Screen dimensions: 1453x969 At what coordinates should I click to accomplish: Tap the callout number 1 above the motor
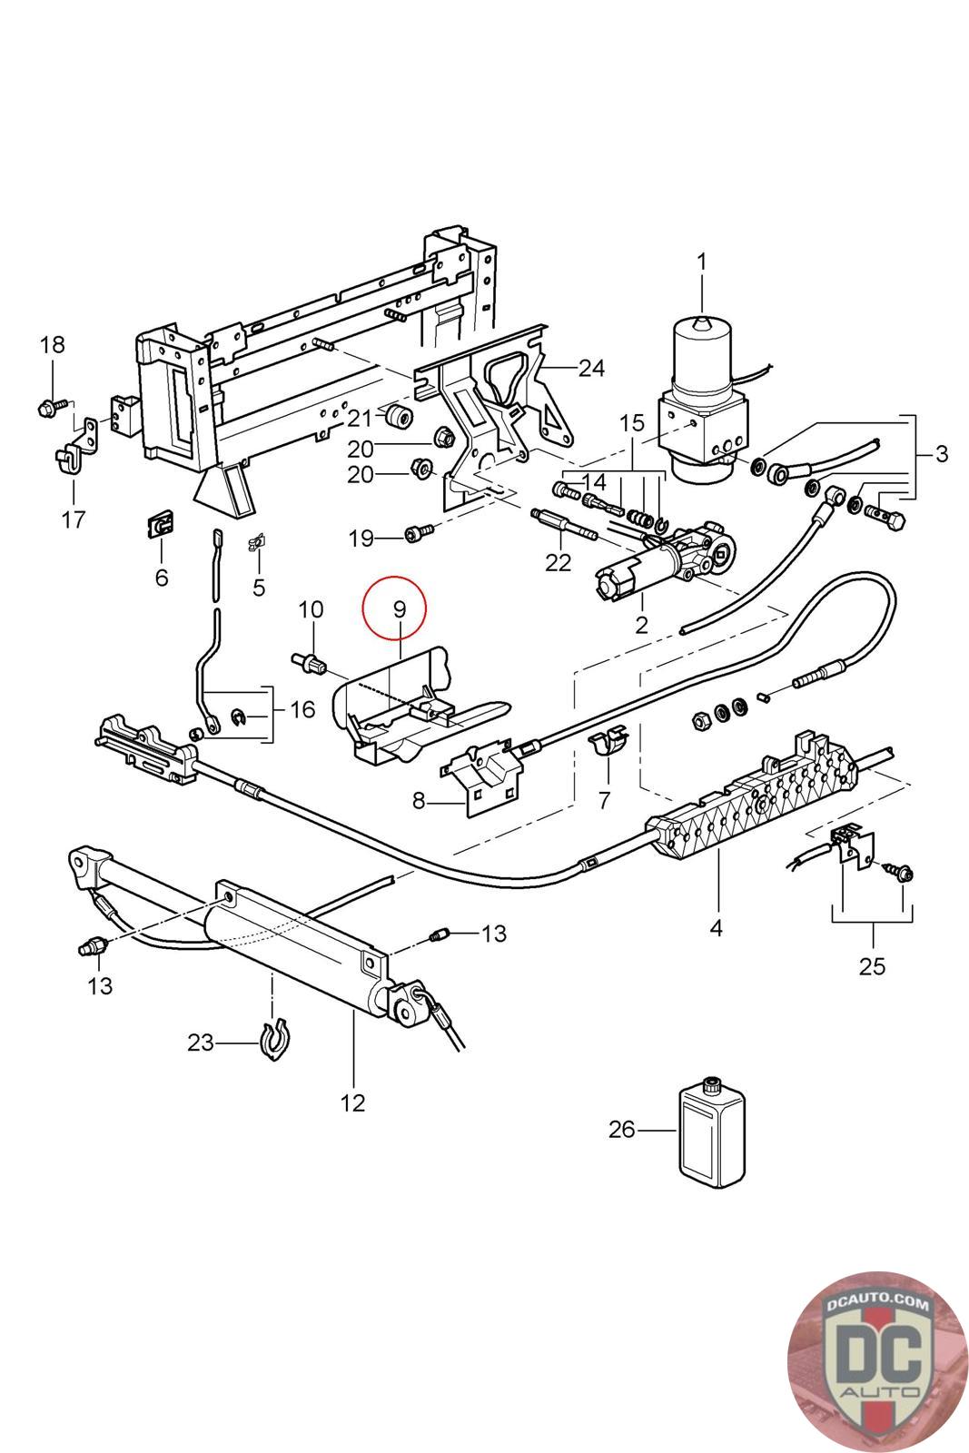pyautogui.click(x=701, y=262)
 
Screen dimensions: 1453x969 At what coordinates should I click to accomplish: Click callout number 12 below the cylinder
pyautogui.click(x=352, y=1102)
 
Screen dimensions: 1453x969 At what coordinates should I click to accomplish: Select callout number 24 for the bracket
pyautogui.click(x=591, y=368)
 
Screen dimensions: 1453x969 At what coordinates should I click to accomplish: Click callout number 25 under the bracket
pyautogui.click(x=872, y=965)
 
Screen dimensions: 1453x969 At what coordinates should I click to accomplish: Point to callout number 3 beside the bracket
pyautogui.click(x=941, y=453)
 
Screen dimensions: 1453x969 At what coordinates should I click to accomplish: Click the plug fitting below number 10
pyautogui.click(x=311, y=663)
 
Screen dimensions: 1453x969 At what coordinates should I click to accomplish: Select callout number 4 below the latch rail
pyautogui.click(x=716, y=928)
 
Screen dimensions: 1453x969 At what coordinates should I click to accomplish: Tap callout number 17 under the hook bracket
pyautogui.click(x=73, y=519)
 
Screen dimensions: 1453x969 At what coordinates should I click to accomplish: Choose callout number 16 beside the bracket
pyautogui.click(x=302, y=708)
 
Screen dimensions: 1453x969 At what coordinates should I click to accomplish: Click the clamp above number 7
pyautogui.click(x=608, y=742)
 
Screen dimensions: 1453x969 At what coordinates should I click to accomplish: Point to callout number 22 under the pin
pyautogui.click(x=558, y=562)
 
